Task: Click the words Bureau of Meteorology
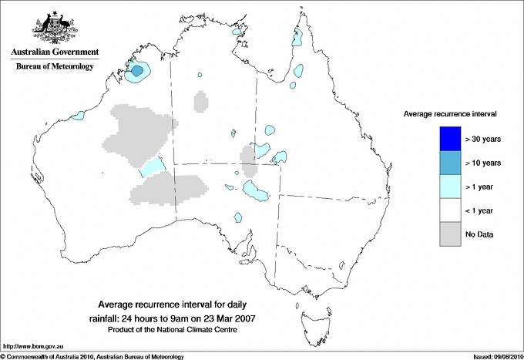tap(54, 67)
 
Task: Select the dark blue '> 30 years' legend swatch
tap(448, 139)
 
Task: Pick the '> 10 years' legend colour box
tap(448, 163)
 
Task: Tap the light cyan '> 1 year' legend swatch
tap(448, 186)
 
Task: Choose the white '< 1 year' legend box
tap(448, 210)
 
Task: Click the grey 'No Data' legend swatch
tap(448, 234)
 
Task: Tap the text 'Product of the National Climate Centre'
tap(178, 329)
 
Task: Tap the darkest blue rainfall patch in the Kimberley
tap(137, 71)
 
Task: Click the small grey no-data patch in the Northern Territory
tap(201, 101)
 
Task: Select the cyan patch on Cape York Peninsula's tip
tap(297, 39)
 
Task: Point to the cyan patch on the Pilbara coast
tap(77, 116)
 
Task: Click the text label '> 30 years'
tap(484, 140)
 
